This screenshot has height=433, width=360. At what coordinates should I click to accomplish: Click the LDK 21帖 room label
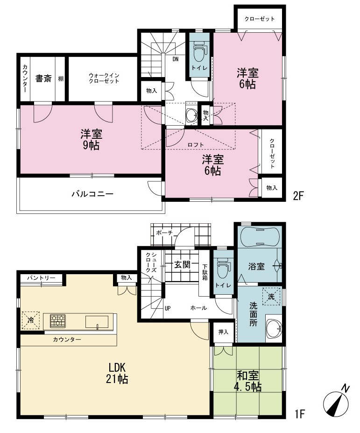pyautogui.click(x=117, y=373)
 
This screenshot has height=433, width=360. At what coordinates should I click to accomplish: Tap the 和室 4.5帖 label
pyautogui.click(x=249, y=381)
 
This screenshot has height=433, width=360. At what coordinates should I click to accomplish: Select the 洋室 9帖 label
pyautogui.click(x=92, y=140)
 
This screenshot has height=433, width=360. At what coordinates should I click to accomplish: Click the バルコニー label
pyautogui.click(x=92, y=194)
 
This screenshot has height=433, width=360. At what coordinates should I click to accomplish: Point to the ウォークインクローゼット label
pyautogui.click(x=104, y=78)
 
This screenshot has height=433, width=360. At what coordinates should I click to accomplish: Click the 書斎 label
pyautogui.click(x=43, y=78)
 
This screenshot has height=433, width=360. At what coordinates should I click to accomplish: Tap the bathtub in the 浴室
pyautogui.click(x=260, y=236)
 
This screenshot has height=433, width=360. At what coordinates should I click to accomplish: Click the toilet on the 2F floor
pyautogui.click(x=199, y=51)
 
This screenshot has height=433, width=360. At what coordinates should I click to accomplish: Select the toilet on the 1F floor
pyautogui.click(x=223, y=268)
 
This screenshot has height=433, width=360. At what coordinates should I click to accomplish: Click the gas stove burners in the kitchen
pyautogui.click(x=58, y=321)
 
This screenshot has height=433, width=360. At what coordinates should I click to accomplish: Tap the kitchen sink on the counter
pyautogui.click(x=97, y=322)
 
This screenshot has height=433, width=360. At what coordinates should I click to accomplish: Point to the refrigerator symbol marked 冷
pyautogui.click(x=31, y=320)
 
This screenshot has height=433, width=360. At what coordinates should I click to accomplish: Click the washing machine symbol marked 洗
pyautogui.click(x=271, y=297)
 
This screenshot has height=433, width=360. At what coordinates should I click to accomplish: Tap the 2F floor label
pyautogui.click(x=298, y=196)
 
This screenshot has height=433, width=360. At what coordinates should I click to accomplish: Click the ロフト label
pyautogui.click(x=196, y=145)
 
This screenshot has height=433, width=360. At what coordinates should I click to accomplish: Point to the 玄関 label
pyautogui.click(x=183, y=264)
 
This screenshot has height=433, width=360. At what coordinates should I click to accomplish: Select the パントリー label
pyautogui.click(x=41, y=277)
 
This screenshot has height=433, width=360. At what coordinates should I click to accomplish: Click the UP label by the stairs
pyautogui.click(x=168, y=308)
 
